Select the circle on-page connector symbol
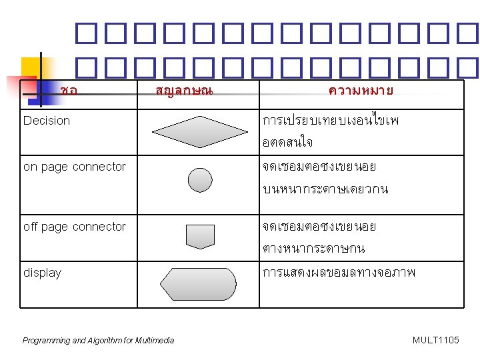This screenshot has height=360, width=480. click(200, 179)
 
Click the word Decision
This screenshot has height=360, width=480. click(47, 121)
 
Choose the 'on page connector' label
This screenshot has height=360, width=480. click(75, 167)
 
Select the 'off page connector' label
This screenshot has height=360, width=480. click(75, 227)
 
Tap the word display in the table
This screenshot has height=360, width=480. click(42, 273)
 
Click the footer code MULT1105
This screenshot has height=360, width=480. click(436, 341)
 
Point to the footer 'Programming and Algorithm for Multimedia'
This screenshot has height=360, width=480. click(98, 341)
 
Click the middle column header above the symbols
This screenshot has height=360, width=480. click(183, 89)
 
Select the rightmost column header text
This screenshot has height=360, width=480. click(361, 89)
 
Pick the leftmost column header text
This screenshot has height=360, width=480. click(68, 89)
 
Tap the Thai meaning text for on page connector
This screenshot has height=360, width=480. click(325, 177)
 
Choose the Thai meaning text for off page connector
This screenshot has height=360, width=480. click(319, 237)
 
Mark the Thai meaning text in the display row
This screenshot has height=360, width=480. click(339, 273)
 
